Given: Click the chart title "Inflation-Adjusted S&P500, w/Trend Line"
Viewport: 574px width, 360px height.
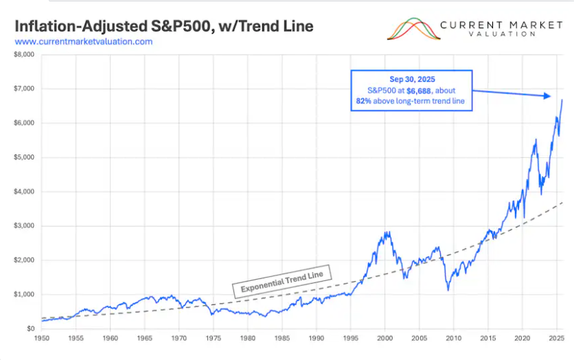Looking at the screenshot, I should (x=164, y=26).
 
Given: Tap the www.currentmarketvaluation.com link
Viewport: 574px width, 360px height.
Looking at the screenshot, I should (x=83, y=42).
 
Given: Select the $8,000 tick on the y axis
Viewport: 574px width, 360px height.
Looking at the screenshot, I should (x=25, y=55).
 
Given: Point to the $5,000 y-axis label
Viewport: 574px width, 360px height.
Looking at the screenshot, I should (x=25, y=157).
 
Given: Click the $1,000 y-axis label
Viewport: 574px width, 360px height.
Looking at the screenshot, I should (x=25, y=295).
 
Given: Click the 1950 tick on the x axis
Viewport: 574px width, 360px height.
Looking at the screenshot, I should (x=42, y=339).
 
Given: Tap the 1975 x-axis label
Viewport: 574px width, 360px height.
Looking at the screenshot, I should (x=213, y=339).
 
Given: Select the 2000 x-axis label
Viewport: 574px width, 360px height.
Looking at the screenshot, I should (x=384, y=339).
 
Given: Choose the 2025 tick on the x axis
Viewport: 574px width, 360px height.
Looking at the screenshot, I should (x=555, y=339).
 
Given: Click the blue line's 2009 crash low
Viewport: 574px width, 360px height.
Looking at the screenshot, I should (x=448, y=290).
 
